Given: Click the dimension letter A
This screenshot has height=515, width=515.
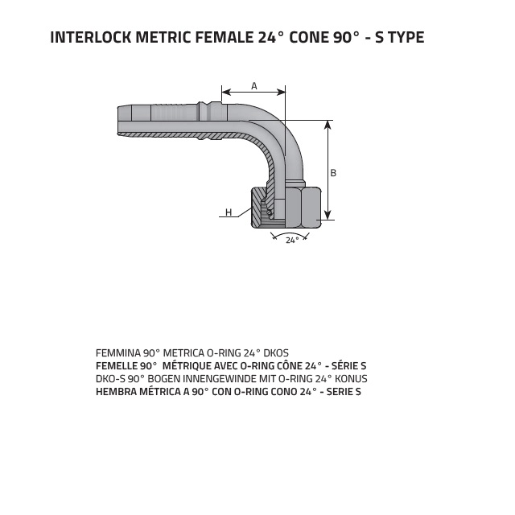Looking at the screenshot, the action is click(254, 86).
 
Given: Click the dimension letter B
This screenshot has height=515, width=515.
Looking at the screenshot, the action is click(333, 173).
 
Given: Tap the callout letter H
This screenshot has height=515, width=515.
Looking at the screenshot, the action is click(229, 212).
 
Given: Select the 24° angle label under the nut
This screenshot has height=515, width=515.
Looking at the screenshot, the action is click(292, 240).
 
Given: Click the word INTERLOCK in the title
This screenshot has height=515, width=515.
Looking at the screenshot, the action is click(91, 37).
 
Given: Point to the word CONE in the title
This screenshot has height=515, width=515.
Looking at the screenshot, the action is click(309, 37).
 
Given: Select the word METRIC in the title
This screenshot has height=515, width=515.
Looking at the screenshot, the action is click(163, 37).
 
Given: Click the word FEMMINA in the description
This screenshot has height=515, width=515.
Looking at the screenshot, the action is click(118, 353).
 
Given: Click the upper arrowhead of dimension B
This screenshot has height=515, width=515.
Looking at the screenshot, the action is click(328, 125).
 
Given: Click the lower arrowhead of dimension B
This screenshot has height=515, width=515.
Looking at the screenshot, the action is click(328, 215).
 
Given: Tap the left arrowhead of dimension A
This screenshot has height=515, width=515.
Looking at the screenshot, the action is click(227, 92).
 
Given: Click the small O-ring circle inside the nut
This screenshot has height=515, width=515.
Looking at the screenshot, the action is click(270, 212).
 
